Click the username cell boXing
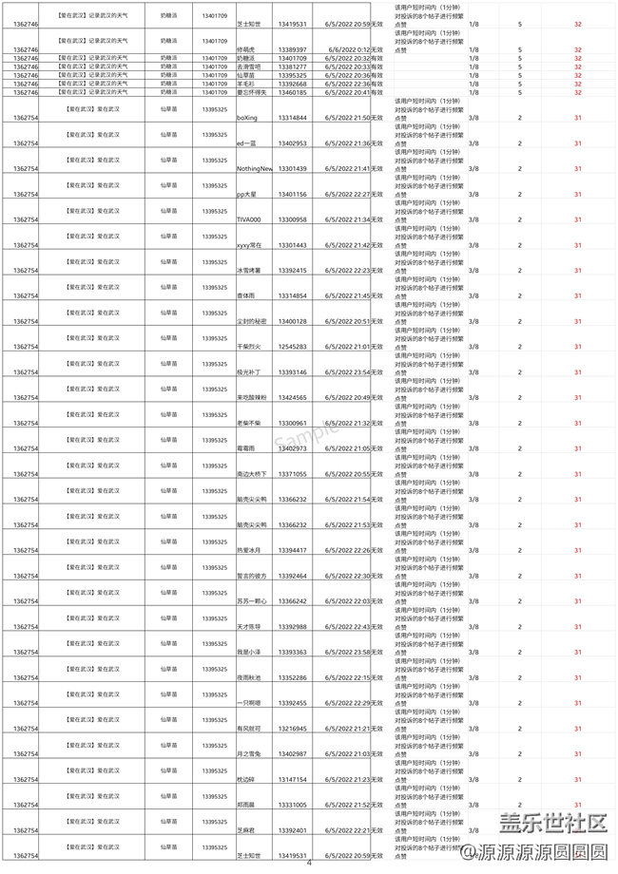coord(247,118)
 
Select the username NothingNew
coord(255,168)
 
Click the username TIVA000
coord(251,219)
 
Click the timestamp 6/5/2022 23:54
coord(348,372)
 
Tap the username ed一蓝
coord(247,143)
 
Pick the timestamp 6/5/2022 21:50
coord(348,118)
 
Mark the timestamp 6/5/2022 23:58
coord(348,653)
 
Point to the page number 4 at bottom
coord(309,863)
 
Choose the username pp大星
coord(249,194)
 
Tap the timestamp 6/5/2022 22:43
coord(348,627)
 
